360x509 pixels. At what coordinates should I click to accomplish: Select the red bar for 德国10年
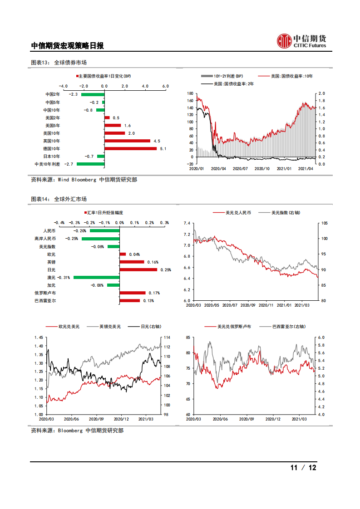click(x=130, y=148)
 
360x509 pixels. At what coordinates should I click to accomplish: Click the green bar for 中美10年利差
click(x=90, y=164)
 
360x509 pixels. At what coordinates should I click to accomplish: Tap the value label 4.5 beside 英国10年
click(x=157, y=141)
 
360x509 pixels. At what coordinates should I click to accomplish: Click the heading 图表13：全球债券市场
click(x=59, y=63)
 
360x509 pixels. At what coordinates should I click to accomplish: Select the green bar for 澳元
click(x=96, y=277)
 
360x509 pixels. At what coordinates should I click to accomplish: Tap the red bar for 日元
click(x=138, y=269)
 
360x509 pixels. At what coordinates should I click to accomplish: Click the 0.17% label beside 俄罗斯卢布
click(x=154, y=293)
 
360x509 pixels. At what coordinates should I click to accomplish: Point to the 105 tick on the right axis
click(x=324, y=223)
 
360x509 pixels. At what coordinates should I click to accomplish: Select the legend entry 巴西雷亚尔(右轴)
click(x=288, y=326)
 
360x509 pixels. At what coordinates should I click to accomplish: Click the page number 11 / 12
click(x=303, y=468)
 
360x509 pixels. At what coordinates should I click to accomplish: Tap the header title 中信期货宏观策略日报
click(x=67, y=45)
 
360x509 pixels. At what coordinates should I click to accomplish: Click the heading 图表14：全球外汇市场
click(x=59, y=199)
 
